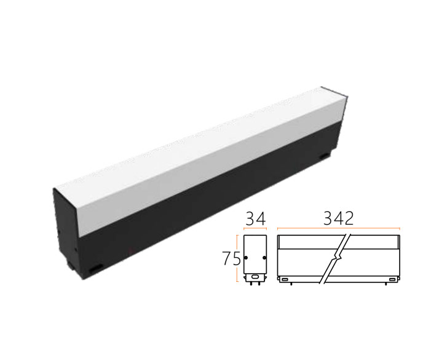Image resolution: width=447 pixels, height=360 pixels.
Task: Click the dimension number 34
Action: click(256, 219)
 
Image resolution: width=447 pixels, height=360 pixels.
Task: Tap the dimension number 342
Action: click(338, 219)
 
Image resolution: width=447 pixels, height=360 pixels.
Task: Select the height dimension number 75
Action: click(232, 258)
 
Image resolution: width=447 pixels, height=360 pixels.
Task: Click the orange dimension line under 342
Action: click(339, 228)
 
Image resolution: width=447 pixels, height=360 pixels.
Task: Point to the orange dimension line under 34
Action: click(255, 228)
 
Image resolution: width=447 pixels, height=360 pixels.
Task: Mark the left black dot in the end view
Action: click(246, 258)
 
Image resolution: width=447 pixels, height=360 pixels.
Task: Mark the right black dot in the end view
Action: click(264, 258)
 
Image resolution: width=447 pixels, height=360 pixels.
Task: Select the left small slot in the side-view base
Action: click(284, 279)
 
